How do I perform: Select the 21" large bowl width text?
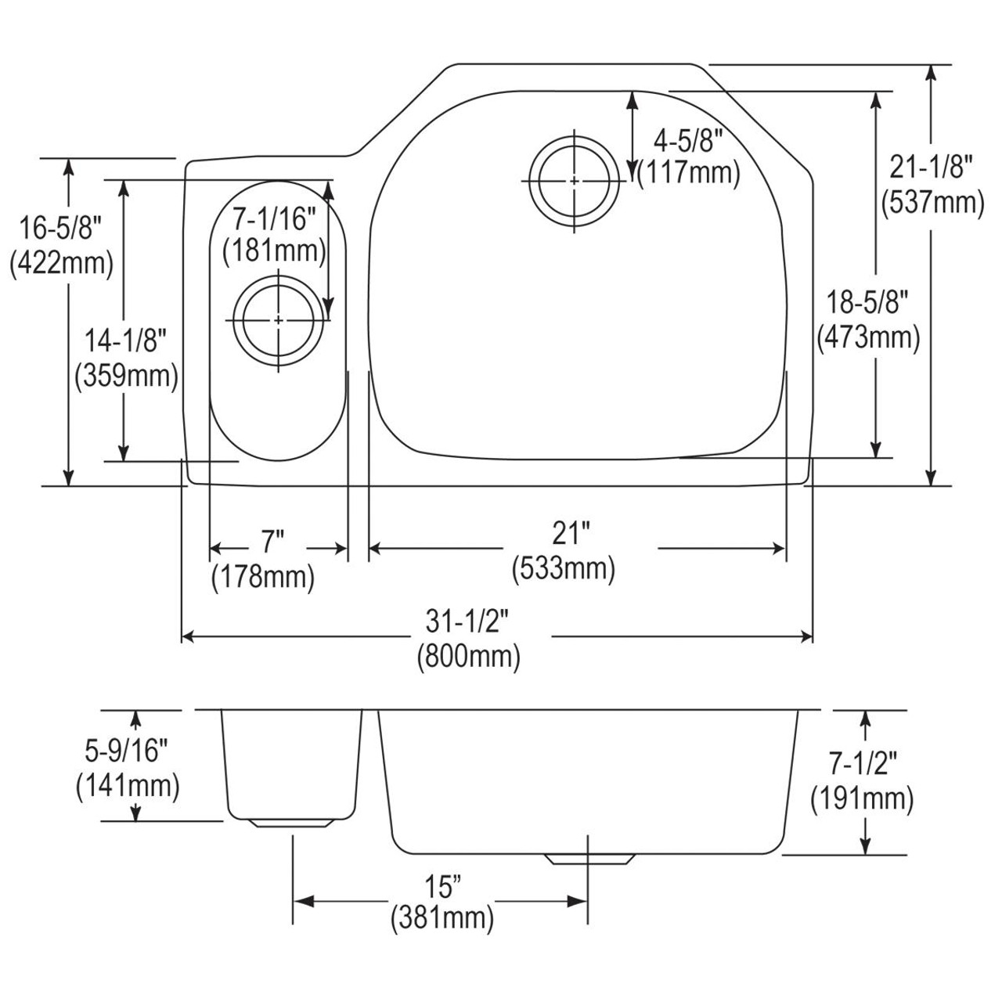point(570,535)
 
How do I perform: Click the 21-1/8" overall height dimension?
point(932,167)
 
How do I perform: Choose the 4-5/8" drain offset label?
point(687,141)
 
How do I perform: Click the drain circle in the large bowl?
point(574,181)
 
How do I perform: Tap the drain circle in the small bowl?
point(279,320)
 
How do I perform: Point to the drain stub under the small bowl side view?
point(294,823)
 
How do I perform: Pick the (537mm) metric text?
point(932,202)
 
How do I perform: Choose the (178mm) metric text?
point(263,577)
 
